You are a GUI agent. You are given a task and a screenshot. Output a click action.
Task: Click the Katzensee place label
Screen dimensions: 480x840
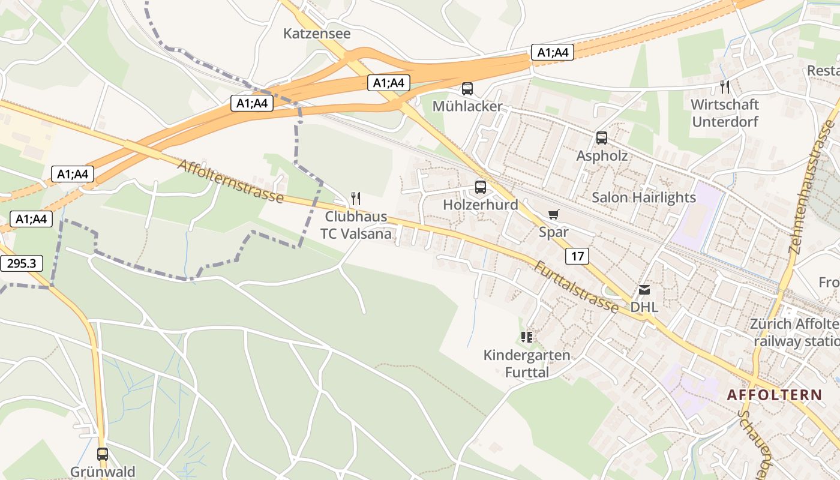(317, 34)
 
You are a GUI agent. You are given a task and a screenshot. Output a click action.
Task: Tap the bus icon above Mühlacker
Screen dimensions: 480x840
(467, 89)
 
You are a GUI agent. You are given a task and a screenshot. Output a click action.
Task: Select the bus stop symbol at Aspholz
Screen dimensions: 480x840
(602, 138)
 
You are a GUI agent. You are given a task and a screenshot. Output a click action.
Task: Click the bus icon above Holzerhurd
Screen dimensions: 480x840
(480, 187)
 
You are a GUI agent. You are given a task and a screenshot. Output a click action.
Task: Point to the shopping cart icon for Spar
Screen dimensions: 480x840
(553, 214)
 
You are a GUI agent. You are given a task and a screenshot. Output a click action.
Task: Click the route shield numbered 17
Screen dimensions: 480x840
(577, 257)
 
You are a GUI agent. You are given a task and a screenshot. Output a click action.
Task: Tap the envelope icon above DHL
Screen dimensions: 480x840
(644, 290)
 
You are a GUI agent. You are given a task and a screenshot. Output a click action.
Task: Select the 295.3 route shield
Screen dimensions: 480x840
(22, 263)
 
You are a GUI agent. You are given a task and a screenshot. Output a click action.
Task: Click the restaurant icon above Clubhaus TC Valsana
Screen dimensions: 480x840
(356, 198)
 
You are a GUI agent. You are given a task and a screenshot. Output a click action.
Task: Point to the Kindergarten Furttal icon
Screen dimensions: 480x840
(527, 337)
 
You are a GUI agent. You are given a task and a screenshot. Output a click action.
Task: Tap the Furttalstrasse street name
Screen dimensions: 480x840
(575, 287)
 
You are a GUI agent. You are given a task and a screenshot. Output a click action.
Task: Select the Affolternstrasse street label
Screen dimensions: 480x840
(230, 180)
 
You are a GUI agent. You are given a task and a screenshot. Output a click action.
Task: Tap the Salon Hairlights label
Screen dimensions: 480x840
(644, 197)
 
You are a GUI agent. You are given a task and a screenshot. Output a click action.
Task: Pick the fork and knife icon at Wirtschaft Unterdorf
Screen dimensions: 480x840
(725, 87)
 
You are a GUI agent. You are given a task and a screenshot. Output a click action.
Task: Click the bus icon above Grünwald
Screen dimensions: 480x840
(103, 454)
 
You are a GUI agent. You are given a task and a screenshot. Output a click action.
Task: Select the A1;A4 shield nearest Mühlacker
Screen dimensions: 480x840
(389, 83)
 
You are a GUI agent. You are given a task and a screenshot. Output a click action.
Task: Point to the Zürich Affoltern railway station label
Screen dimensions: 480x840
(794, 332)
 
